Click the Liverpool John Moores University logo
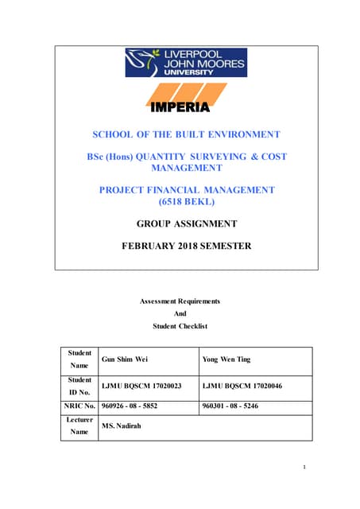[185, 62]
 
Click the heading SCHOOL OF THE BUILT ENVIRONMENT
[187, 134]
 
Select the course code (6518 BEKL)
[187, 202]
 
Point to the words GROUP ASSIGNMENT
[187, 224]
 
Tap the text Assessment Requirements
[180, 301]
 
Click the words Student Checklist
[180, 326]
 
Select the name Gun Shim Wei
[126, 359]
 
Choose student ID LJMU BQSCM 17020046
[243, 386]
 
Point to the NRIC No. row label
[79, 406]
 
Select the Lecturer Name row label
[79, 426]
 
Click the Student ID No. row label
[79, 386]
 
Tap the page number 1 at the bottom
[304, 467]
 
